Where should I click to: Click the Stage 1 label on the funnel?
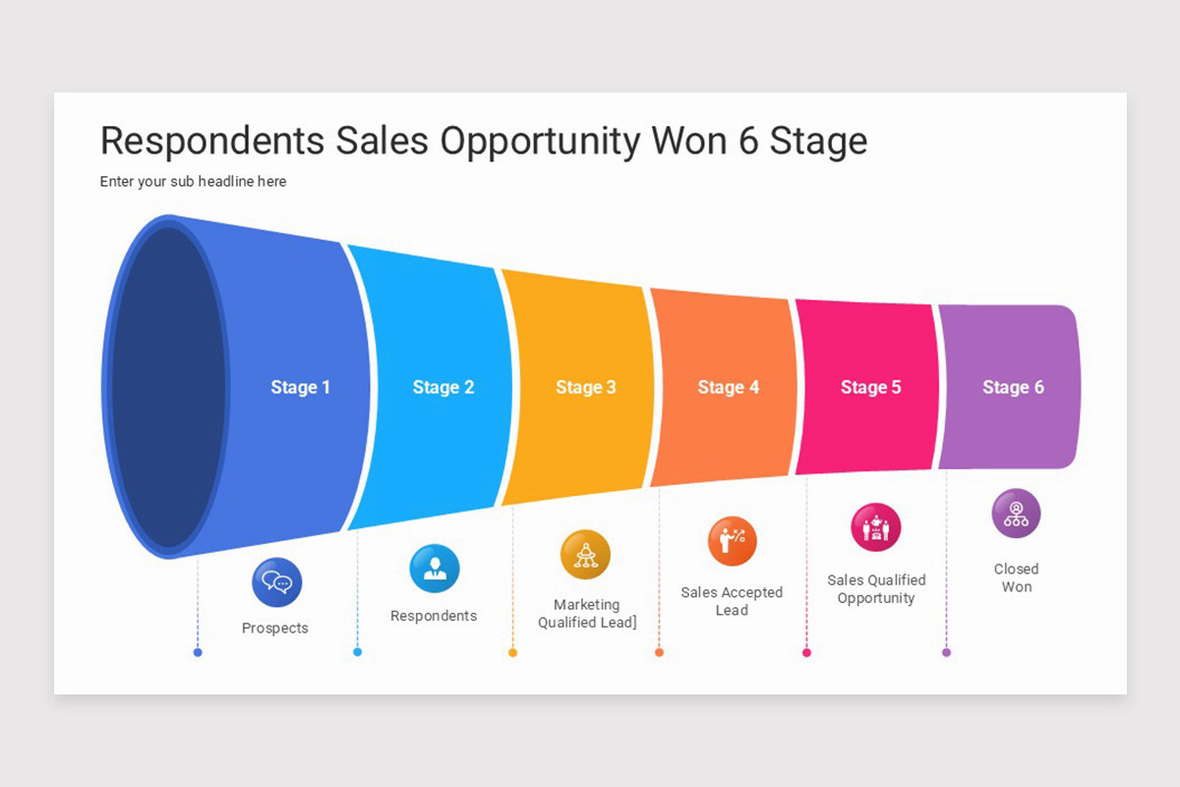pos(300,388)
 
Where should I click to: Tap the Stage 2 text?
pos(442,388)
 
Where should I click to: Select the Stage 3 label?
pos(585,388)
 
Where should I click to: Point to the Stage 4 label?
pos(728,388)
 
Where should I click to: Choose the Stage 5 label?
pos(870,388)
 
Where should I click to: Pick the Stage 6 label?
pos(1013,388)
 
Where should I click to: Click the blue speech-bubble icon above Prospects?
pos(276,582)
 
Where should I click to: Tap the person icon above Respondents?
pos(434,569)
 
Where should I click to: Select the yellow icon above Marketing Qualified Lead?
pos(585,555)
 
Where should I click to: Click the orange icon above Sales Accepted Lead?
pos(733,541)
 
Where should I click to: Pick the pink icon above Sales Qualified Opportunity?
pos(875,527)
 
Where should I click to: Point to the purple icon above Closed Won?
pos(1016,514)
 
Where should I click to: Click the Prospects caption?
pos(275,629)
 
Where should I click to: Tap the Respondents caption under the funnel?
pos(434,616)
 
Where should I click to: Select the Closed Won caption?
pos(1016,577)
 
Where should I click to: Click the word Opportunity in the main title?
pos(540,142)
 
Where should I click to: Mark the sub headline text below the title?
pos(193,181)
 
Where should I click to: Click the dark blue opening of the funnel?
pos(168,387)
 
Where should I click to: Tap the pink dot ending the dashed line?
pos(806,652)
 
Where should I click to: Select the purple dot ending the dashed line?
pos(946,652)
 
